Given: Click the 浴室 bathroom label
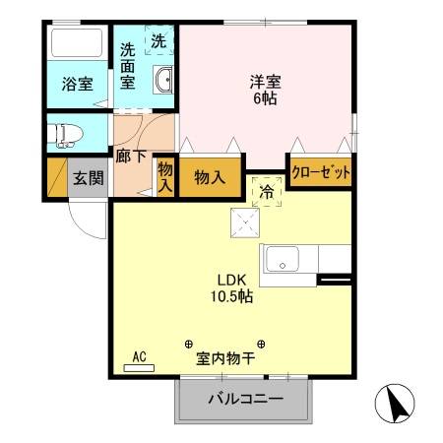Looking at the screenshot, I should (79, 85).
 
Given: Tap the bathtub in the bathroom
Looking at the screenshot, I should (77, 44).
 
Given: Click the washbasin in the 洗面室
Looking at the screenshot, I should (162, 81).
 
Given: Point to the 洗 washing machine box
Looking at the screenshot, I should (158, 41).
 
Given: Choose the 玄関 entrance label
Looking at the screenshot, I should (88, 179).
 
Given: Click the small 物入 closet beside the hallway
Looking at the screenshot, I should (164, 178).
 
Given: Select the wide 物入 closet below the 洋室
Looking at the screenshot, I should (210, 178).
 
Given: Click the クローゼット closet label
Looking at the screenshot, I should (321, 171).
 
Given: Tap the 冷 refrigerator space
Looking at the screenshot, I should (265, 192).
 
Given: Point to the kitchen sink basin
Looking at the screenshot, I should (284, 261).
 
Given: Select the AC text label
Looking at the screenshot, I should (139, 357).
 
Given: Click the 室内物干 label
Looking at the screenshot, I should (224, 358).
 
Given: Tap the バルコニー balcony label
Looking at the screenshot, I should (245, 400).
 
